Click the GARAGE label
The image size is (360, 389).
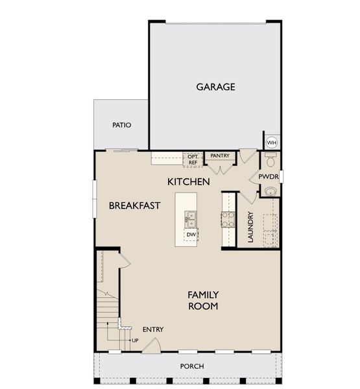215,87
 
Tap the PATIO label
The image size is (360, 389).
121,124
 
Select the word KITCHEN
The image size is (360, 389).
188,182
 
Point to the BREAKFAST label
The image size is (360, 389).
134,206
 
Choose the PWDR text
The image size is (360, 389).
268,176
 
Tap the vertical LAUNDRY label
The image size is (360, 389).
250,227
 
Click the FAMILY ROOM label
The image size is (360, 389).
203,300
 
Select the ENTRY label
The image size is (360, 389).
153,329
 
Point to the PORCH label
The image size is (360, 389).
192,366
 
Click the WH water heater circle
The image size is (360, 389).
272,142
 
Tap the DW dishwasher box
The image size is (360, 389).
191,234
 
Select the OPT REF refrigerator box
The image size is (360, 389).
193,159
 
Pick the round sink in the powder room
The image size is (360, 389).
270,191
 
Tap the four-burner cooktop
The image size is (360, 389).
228,219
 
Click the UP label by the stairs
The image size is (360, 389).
135,340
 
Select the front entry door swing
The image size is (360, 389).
149,346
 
